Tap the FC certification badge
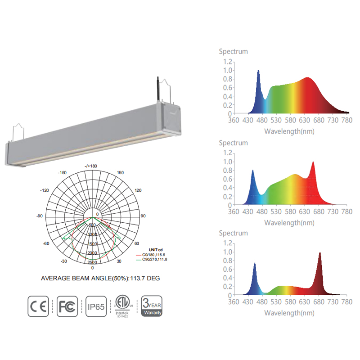coord(67,306)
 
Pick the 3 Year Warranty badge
coord(152,306)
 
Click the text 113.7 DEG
coord(144,279)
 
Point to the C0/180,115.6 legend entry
coord(153,255)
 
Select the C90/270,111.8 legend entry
coord(153,259)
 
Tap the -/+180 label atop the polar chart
coord(90,166)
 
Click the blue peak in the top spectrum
coord(258,71)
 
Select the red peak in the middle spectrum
coord(313,162)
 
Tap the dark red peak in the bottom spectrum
coord(320,253)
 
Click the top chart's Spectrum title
coord(233,51)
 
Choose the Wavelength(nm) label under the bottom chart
coord(289,313)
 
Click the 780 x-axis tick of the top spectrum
coord(346,121)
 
